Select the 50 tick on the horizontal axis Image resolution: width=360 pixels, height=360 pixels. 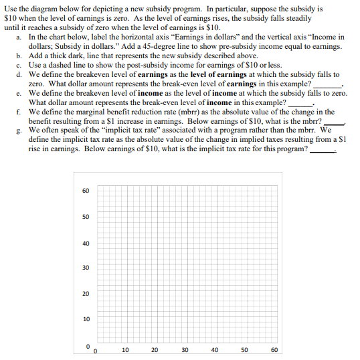pyautogui.click(x=245, y=350)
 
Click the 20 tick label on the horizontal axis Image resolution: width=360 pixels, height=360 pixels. pyautogui.click(x=155, y=350)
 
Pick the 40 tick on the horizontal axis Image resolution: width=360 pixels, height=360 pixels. pyautogui.click(x=215, y=350)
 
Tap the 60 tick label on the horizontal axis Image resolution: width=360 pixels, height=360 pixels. pyautogui.click(x=274, y=350)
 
